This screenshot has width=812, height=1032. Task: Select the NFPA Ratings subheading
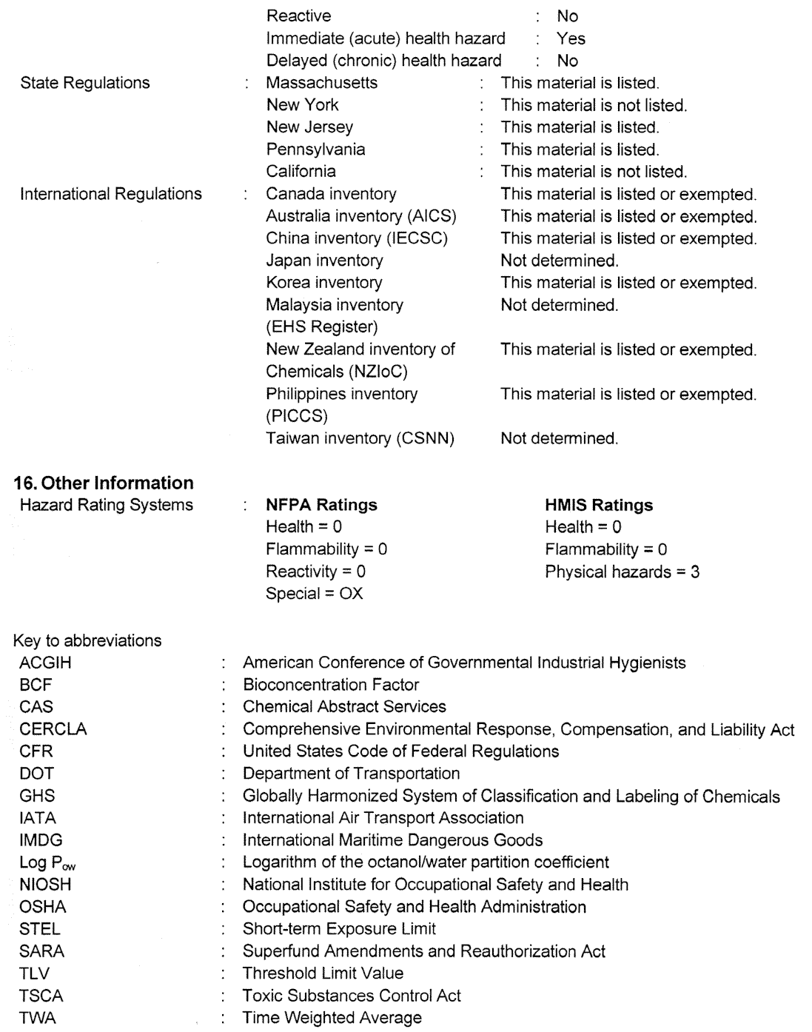pos(321,505)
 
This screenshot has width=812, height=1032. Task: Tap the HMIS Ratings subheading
pos(599,505)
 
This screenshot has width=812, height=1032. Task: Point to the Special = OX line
pos(315,594)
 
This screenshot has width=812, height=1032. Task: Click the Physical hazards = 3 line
pos(622,572)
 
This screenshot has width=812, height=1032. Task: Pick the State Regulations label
pos(84,83)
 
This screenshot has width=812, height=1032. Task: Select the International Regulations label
pos(111,194)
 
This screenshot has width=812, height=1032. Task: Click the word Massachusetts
pos(321,83)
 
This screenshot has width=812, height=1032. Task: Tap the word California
pos(301,172)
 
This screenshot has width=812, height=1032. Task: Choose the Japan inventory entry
pos(324,261)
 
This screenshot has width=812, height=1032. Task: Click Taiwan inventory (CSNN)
pos(360,438)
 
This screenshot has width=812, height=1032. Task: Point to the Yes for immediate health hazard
pos(571,38)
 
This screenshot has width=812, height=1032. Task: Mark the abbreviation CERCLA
pos(53,729)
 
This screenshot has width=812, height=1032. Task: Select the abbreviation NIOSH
pos(46,885)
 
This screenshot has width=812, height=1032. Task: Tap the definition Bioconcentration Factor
pos(331,685)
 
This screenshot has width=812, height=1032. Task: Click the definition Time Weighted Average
pos(332,1018)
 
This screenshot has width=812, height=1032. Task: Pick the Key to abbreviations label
pos(87,640)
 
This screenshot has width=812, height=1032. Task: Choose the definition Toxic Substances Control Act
pos(352,996)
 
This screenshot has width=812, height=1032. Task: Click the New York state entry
pos(302,105)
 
